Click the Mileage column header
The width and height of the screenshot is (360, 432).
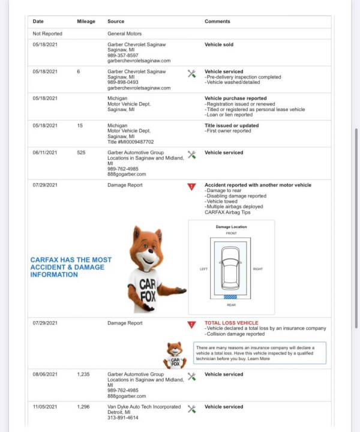tap(86, 22)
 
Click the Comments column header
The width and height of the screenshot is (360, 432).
tap(217, 22)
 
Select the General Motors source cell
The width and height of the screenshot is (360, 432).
tap(124, 34)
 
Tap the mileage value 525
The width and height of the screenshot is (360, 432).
tap(81, 152)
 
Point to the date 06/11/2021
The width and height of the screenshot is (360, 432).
tap(45, 152)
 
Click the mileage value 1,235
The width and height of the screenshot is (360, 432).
tap(83, 374)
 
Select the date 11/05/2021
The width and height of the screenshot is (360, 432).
tap(45, 407)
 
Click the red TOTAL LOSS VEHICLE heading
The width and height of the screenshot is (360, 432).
tap(232, 323)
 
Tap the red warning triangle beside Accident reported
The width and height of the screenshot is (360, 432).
tap(192, 187)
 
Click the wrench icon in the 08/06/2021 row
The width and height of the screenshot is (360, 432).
tap(192, 377)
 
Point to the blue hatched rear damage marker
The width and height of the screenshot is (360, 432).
tap(230, 297)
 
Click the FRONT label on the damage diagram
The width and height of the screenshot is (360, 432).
tap(232, 233)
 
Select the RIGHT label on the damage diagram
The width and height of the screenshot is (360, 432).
tap(258, 269)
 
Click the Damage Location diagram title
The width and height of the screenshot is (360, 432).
tap(232, 227)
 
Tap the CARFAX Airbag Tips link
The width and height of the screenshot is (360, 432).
tap(227, 212)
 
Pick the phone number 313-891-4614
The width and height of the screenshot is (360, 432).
tap(123, 418)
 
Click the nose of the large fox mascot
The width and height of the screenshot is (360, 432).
tap(151, 251)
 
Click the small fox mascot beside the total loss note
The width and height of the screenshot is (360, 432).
tap(175, 355)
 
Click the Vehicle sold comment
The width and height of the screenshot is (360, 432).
tap(219, 44)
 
